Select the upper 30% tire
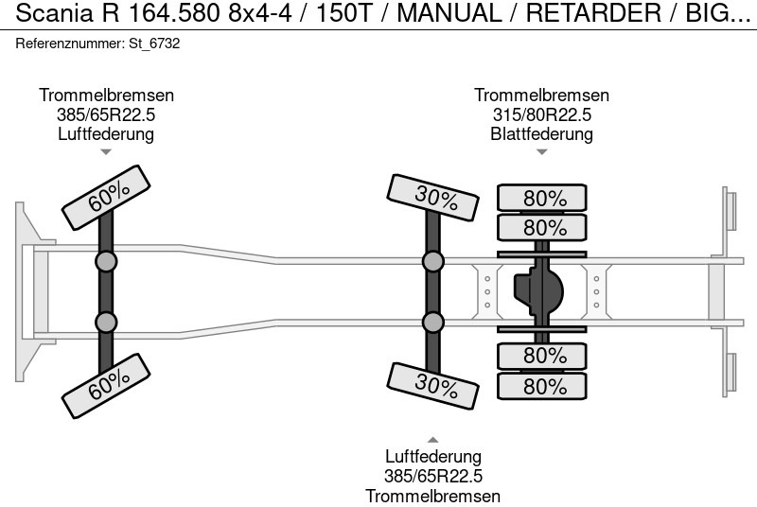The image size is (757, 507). point(431,198)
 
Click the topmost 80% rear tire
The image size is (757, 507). point(542,199)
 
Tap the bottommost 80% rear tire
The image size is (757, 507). point(542,386)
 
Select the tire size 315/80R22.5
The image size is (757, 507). point(541,114)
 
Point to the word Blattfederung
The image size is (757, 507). point(541,133)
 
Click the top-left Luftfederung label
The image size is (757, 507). point(106,133)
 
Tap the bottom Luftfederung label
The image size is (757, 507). point(432,458)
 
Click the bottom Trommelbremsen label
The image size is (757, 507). point(432,496)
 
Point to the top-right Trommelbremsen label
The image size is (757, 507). point(541,96)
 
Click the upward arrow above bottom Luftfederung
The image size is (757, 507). point(432,439)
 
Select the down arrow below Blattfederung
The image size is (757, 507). point(541,151)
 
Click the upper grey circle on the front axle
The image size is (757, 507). point(106,262)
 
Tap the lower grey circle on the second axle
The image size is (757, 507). point(432,323)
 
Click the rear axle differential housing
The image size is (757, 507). point(537,290)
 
